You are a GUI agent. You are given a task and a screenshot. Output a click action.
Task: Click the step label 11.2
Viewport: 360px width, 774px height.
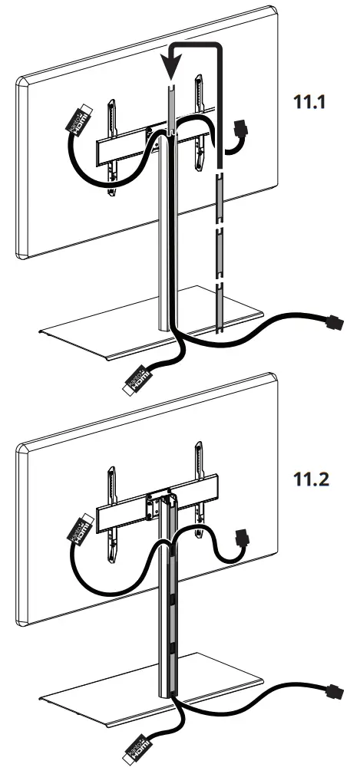(316, 481)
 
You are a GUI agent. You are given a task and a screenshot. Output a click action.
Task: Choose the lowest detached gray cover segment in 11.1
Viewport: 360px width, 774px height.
(220, 308)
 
